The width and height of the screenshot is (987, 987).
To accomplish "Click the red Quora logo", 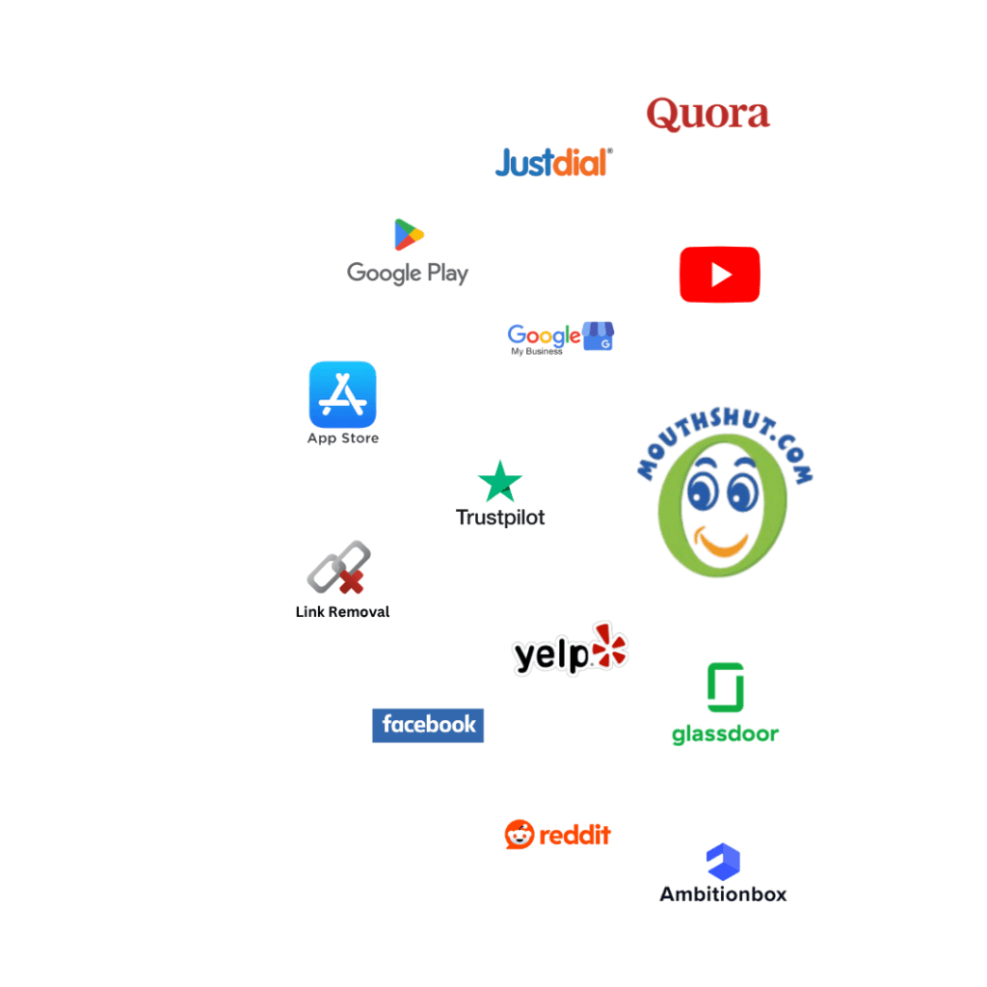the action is [x=707, y=114].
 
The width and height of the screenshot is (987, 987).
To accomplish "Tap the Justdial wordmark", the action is [x=553, y=162].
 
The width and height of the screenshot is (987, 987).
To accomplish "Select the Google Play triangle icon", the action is [x=409, y=234].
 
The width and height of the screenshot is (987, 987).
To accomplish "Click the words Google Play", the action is [x=408, y=273].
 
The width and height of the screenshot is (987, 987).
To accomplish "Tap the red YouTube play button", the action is [x=719, y=275].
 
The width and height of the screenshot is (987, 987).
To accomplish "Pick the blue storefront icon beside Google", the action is [x=598, y=335].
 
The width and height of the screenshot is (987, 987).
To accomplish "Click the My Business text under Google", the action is [x=536, y=351].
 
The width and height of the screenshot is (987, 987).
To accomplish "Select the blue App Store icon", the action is [x=342, y=394].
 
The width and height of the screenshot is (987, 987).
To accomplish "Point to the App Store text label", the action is [x=343, y=439].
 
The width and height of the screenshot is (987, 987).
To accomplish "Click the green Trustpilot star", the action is [x=500, y=481].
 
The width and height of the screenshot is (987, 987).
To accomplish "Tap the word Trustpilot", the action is [x=500, y=518].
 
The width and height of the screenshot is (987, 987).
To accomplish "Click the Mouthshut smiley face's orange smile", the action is [x=721, y=545].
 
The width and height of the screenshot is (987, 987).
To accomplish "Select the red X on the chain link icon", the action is [x=351, y=582].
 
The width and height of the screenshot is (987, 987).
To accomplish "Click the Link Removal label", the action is [x=342, y=612].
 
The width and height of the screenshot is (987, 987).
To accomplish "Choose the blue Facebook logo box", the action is [x=428, y=725].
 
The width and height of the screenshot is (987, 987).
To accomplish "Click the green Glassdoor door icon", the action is [x=726, y=687].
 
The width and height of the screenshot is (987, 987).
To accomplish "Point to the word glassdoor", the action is [x=725, y=734].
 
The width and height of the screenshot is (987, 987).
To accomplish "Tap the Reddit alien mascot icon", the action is [x=520, y=834].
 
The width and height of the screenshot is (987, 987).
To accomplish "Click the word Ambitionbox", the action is [x=723, y=894].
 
